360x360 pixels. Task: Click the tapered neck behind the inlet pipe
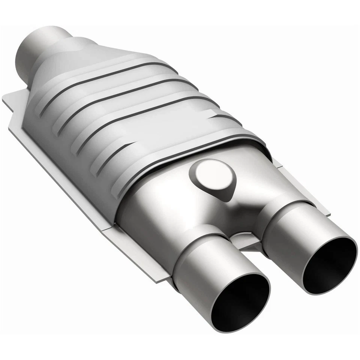[75, 52]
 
